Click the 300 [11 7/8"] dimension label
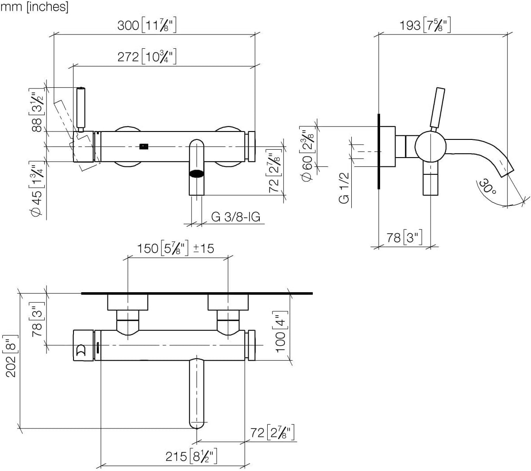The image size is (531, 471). [x=147, y=25]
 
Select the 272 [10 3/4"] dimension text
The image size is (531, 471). [x=147, y=56]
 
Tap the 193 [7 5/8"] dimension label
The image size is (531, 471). [x=425, y=25]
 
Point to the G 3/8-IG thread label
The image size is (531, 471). [x=235, y=217]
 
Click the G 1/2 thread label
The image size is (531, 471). [x=344, y=188]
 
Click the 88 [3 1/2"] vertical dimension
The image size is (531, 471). [x=37, y=110]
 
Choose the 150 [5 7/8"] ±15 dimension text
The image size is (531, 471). [x=175, y=248]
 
